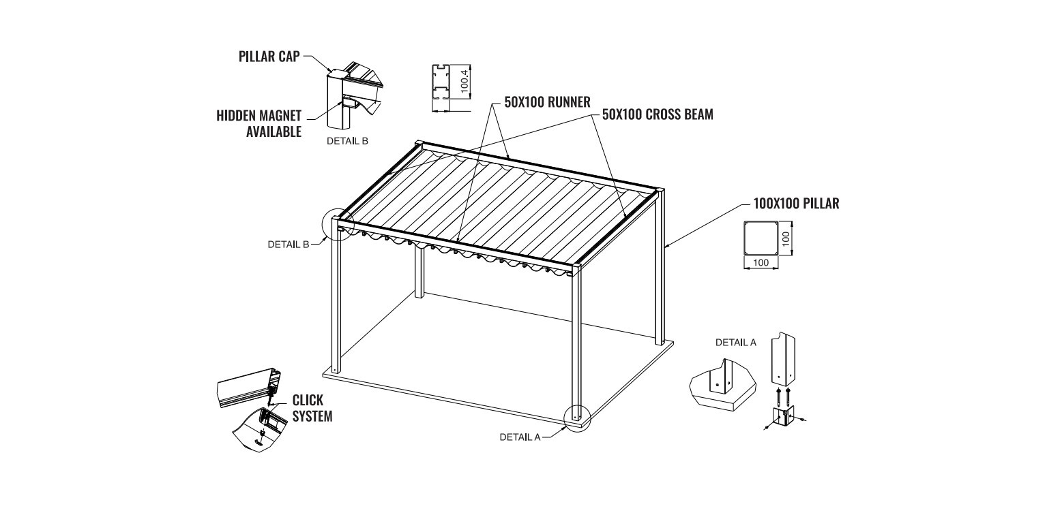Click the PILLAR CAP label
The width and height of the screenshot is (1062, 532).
[269, 57]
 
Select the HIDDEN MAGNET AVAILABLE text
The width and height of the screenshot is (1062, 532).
[259, 123]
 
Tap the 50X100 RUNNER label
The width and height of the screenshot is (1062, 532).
[547, 103]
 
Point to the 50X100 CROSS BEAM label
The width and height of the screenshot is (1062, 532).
[658, 114]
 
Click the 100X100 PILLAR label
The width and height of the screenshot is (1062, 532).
[796, 203]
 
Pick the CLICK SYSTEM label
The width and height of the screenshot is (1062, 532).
[312, 407]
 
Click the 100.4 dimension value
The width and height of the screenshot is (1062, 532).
[464, 81]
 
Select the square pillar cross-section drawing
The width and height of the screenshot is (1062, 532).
[760, 238]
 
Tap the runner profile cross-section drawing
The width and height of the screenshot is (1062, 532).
[440, 87]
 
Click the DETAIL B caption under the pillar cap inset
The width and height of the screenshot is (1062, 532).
[348, 142]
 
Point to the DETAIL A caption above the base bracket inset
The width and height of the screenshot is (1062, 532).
[735, 343]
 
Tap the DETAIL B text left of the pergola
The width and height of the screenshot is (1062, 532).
[289, 244]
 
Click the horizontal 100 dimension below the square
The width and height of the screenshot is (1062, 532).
[761, 262]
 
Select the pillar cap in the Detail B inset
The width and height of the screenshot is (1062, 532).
[338, 70]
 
